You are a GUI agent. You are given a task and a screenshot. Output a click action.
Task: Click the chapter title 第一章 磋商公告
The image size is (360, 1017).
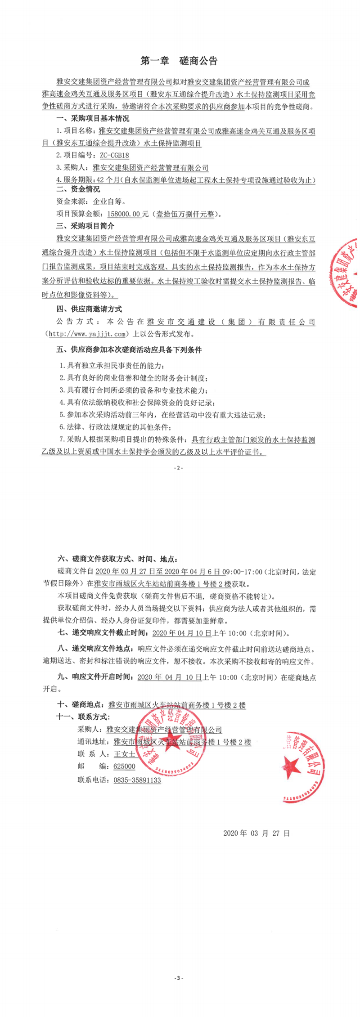point(179,61)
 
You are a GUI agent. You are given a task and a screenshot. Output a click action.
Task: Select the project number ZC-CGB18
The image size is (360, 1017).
point(114,156)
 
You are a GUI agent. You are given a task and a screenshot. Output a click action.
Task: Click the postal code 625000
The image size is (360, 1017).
point(124,766)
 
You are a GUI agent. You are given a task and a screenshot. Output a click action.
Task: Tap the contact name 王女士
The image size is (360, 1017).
point(124,754)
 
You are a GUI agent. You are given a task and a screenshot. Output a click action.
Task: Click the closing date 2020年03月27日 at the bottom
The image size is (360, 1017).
point(256,833)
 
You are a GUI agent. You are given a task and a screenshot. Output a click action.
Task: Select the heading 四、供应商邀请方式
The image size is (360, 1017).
point(89,309)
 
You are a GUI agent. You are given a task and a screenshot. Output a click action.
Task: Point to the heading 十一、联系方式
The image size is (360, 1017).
point(83,717)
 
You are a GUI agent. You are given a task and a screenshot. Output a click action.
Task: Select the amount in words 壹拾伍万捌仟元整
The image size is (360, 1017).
point(185,214)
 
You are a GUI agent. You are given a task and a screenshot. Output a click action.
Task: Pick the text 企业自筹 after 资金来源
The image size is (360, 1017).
point(109,202)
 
